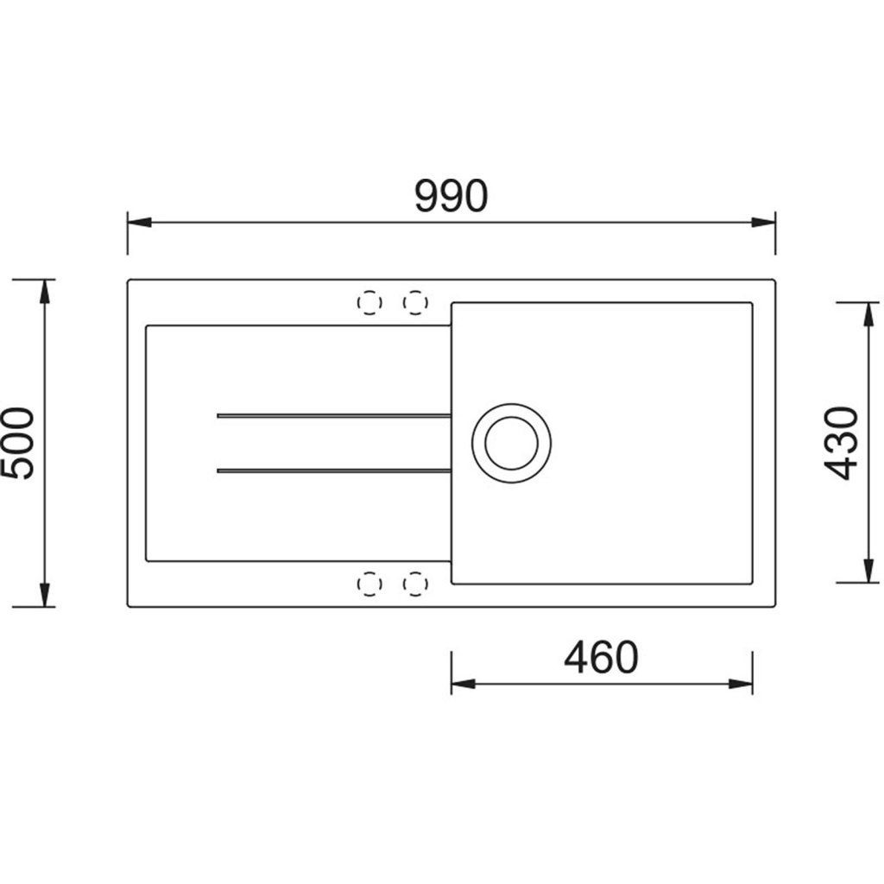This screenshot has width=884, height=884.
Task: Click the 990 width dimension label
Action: coord(451,196)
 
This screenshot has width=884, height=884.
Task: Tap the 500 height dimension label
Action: coord(17,443)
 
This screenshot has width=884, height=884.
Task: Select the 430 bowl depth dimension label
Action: coord(841,443)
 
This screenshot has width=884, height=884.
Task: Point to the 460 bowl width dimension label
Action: coord(601,657)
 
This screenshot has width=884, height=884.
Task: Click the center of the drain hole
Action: coord(511,443)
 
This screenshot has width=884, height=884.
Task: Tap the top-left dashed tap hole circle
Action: coord(369,303)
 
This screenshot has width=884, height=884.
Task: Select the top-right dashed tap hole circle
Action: coord(415,303)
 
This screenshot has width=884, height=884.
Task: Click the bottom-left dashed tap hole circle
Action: coord(369,584)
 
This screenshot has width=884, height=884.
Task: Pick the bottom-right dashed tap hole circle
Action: coord(415,584)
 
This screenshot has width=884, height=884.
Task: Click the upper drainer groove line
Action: coord(334,416)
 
